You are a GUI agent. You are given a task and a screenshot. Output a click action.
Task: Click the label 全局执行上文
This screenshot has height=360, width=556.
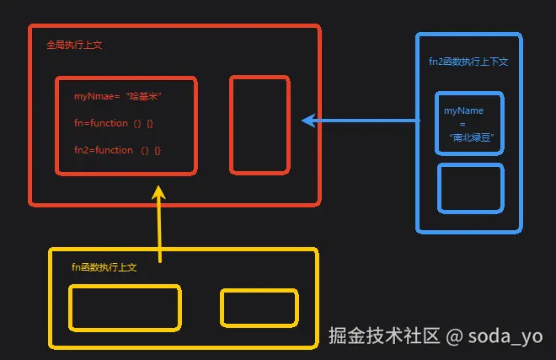(74, 45)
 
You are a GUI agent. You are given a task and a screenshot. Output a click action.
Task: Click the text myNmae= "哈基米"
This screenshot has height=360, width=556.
(117, 97)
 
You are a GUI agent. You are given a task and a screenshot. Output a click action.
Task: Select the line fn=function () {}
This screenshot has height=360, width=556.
(114, 123)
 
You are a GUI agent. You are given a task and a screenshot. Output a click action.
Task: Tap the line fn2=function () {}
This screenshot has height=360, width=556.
(117, 150)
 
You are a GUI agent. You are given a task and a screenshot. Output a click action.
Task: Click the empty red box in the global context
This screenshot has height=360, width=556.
(259, 125)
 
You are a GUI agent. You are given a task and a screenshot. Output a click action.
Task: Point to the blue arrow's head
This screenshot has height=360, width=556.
(307, 121)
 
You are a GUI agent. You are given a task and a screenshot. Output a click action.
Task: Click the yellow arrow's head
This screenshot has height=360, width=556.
(159, 192)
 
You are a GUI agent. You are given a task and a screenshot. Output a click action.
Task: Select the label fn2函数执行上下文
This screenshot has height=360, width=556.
(468, 62)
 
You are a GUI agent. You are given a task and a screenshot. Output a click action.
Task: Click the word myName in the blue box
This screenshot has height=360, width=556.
(463, 110)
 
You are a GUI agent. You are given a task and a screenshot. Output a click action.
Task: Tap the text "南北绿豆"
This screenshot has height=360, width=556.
(470, 137)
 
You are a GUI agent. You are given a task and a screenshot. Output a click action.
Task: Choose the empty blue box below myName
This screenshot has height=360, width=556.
(470, 188)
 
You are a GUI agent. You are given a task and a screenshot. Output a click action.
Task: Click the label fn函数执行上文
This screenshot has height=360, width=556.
(104, 267)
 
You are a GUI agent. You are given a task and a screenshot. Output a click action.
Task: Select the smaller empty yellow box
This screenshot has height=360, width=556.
(259, 308)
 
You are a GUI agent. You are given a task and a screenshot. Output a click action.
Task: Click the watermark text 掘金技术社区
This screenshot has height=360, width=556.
(384, 336)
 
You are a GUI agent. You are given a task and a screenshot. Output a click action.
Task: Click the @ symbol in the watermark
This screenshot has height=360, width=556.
(454, 336)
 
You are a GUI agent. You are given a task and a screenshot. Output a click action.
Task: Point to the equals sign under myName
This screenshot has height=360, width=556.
(462, 124)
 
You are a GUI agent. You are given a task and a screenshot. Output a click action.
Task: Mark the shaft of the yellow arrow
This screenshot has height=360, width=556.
(159, 232)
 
